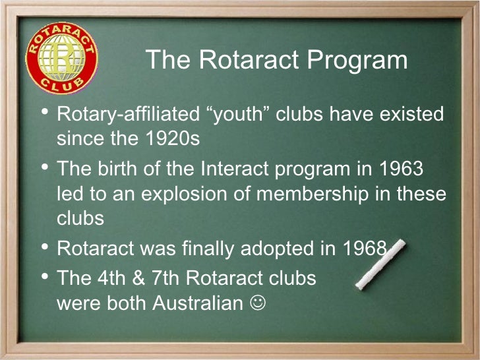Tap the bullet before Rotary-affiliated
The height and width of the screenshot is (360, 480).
point(44,113)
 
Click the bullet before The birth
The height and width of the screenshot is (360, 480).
point(44,167)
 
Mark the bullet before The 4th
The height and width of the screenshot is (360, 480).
point(44,276)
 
